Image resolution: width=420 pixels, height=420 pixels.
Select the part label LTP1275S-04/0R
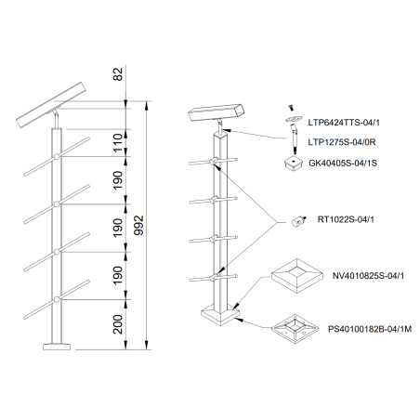coord(348,141)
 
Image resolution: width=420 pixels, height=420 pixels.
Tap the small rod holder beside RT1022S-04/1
coord(298,221)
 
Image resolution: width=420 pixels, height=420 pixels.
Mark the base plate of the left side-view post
coord(56,347)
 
